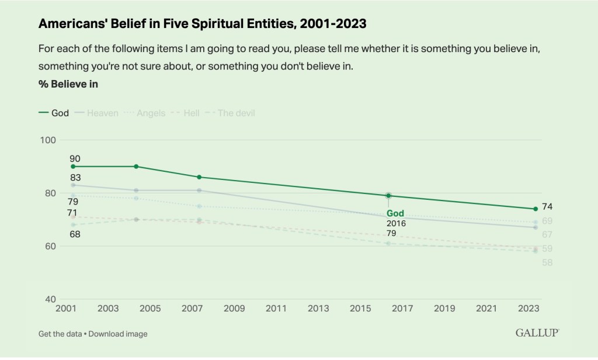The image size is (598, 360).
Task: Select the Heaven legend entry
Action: [x=97, y=113]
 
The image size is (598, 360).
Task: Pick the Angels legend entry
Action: [x=145, y=113]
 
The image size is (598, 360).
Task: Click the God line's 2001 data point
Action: [x=73, y=167]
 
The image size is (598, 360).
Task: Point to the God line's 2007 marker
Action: [x=199, y=177]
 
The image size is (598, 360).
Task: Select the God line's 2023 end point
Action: [x=536, y=209]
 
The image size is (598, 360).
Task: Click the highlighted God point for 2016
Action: [x=388, y=196]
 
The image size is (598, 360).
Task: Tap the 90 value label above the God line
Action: [x=75, y=158]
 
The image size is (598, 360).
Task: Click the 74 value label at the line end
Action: [x=547, y=206]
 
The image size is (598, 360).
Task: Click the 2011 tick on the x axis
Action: [x=276, y=308]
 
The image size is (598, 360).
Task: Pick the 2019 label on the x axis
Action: [x=444, y=308]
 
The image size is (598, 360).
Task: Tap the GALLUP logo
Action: [x=537, y=333]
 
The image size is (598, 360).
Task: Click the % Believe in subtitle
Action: [x=68, y=84]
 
